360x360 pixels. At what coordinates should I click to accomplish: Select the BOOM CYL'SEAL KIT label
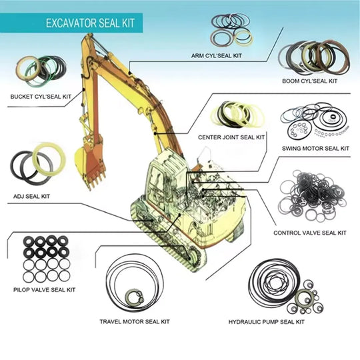pos(309,81)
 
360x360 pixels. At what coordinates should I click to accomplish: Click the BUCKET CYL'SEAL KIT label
pos(40,96)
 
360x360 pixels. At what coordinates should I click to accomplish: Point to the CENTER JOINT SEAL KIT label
pos(231,137)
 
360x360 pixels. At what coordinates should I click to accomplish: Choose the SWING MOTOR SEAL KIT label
pos(315,148)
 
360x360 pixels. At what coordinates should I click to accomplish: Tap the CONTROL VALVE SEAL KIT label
pos(310,233)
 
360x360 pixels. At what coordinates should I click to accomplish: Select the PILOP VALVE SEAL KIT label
pos(44,289)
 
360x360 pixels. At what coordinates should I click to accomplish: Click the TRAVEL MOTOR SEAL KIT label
pos(134,321)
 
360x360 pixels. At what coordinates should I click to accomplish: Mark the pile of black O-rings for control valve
pos(311,198)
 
